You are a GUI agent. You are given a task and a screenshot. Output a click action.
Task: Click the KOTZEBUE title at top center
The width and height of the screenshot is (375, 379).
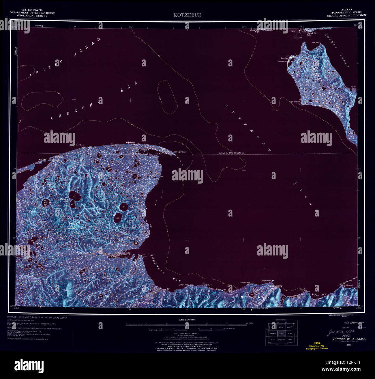(x=187, y=15)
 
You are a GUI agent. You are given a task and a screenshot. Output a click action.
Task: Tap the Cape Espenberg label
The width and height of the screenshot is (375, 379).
(x=179, y=152)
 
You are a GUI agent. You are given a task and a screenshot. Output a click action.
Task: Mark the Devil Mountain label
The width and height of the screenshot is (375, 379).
(x=71, y=226)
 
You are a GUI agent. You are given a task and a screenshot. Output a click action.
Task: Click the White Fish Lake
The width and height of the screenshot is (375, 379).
(x=46, y=203)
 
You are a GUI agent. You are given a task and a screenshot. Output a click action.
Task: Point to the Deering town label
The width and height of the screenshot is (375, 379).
(x=279, y=286)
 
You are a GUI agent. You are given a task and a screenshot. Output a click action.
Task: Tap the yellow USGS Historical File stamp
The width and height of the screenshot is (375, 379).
(x=317, y=346)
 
